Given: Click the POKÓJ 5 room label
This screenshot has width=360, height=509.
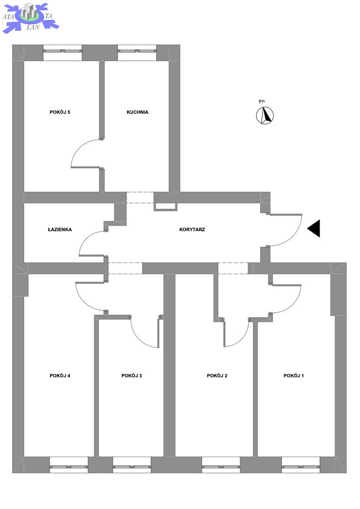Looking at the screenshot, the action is [60, 112].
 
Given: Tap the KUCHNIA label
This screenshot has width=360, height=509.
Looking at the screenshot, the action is [137, 112].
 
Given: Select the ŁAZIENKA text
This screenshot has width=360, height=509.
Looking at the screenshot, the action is [60, 229].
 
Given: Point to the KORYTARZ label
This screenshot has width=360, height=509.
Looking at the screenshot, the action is [192, 229].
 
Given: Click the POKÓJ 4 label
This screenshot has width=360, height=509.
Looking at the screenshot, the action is [60, 376].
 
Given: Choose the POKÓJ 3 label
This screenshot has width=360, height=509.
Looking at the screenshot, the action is [131, 376].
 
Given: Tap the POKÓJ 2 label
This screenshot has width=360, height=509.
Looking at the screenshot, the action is [217, 376].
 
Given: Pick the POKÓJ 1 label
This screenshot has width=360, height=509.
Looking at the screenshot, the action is [293, 376].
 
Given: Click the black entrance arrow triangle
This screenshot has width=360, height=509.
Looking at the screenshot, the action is [314, 229].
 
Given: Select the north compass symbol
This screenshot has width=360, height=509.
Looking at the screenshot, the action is [265, 116].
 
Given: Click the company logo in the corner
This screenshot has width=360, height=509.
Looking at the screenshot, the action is [30, 17].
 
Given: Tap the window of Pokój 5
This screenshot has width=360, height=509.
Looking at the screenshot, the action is [63, 53].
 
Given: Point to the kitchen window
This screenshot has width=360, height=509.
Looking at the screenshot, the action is [137, 53].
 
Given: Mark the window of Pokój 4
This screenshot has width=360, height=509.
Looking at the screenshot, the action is [69, 465].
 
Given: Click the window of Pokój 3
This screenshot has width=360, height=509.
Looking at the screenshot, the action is [132, 465].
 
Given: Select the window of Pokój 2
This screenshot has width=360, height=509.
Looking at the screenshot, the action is [221, 465].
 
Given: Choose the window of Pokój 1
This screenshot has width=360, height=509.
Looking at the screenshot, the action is [301, 465].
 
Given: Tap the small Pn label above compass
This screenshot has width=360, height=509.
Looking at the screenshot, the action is [262, 102].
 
